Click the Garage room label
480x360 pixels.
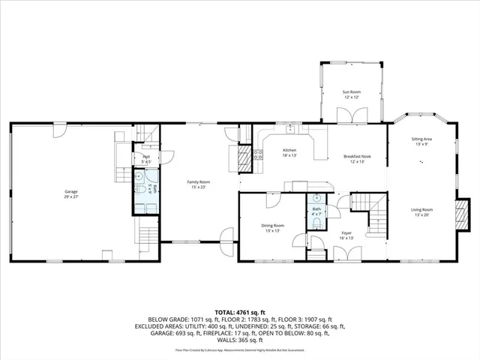pos(70,194)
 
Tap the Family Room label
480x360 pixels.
pos(198,184)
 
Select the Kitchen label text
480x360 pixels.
pos(289,153)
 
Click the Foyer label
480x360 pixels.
pos(346,235)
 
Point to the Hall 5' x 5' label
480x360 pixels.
pos(146,159)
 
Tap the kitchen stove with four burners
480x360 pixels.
pos(258,155)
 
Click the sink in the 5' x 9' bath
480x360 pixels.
pos(139,175)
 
